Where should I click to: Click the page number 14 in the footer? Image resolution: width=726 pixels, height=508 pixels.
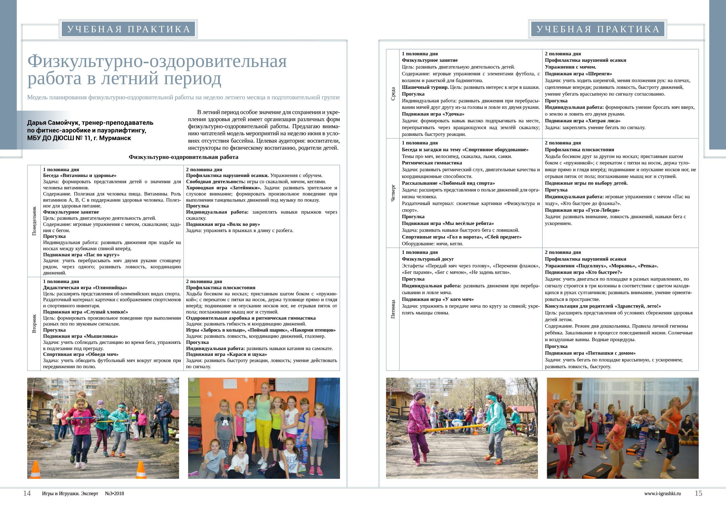[x=27, y=493]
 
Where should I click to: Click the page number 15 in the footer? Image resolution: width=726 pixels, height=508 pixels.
[x=698, y=493]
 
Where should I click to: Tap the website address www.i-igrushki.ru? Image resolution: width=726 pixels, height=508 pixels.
[x=662, y=494]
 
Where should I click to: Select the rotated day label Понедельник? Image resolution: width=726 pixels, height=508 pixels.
[x=34, y=221]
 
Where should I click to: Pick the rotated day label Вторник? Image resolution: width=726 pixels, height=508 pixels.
[x=34, y=323]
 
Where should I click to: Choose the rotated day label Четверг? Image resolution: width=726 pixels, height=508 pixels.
[x=393, y=193]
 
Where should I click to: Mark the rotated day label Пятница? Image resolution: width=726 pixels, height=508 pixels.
[x=393, y=309]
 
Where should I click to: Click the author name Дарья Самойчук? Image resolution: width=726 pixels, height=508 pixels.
[x=54, y=123]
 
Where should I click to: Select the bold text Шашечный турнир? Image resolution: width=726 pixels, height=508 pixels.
[x=425, y=87]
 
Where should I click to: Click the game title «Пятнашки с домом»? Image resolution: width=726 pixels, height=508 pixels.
[x=610, y=353]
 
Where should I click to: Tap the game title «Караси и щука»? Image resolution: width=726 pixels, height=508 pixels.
[x=247, y=354]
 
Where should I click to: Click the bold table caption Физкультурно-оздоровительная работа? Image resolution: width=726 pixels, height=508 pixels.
[x=183, y=157]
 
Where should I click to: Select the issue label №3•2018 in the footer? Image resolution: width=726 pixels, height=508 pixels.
[x=114, y=494]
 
